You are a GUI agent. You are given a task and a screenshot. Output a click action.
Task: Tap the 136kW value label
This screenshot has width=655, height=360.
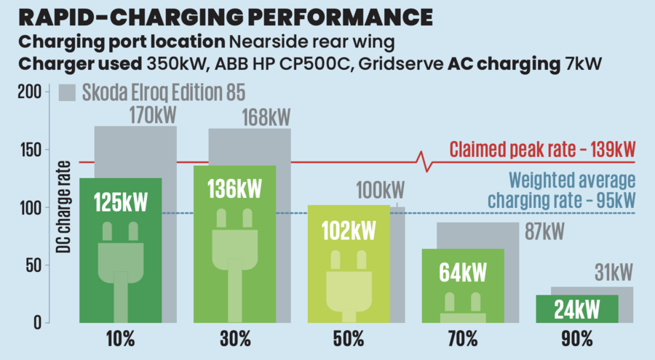(234, 188)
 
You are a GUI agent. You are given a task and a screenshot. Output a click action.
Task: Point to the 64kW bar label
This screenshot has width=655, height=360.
(463, 272)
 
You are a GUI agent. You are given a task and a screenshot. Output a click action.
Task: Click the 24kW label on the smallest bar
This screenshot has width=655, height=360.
(576, 309)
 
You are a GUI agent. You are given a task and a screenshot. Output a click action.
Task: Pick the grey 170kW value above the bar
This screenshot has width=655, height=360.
(153, 115)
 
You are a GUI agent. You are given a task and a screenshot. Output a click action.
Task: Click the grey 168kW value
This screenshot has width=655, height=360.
(266, 116)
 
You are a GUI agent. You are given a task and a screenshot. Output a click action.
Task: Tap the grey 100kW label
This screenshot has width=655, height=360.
(380, 191)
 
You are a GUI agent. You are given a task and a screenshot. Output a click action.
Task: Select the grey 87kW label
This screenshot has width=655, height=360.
(544, 231)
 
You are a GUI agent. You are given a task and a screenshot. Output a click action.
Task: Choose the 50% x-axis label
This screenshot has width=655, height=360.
(349, 338)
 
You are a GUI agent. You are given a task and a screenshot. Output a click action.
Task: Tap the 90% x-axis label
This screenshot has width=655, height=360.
(576, 338)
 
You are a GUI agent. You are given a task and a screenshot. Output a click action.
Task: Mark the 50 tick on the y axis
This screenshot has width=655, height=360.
(35, 265)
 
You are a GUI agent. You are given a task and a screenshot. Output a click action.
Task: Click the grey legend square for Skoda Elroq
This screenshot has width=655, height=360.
(67, 93)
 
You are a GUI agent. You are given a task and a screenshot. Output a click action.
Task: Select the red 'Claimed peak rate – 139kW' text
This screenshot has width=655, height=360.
(542, 149)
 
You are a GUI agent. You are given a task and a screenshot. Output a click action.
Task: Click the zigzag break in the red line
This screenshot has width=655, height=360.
(425, 161)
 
